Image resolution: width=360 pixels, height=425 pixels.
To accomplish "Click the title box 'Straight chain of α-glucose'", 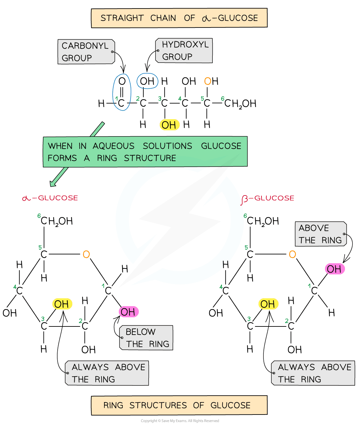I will (x=179, y=18).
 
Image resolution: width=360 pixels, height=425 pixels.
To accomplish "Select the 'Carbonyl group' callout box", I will (x=86, y=52).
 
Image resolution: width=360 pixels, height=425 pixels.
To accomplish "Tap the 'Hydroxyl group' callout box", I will (x=184, y=51).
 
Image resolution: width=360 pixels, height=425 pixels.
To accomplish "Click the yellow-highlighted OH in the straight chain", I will (x=169, y=125).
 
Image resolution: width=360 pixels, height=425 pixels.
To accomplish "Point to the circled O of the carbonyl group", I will (x=122, y=81).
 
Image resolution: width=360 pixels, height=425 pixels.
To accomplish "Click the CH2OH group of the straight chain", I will (x=240, y=103).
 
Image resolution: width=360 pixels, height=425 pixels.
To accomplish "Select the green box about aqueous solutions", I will (x=145, y=152).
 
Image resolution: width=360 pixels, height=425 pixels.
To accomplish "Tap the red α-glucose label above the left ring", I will (x=50, y=198).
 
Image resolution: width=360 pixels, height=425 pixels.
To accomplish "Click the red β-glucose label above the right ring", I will (x=267, y=198).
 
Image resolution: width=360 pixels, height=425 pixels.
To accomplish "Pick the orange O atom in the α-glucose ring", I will (x=86, y=254).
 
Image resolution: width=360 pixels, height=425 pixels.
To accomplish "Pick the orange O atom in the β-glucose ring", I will (x=292, y=254).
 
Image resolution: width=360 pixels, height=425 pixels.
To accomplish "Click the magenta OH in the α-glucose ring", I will (x=128, y=312).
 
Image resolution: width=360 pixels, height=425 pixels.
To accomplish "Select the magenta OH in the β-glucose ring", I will (x=334, y=269).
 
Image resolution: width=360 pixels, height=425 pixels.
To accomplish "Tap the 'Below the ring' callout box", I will (x=146, y=338).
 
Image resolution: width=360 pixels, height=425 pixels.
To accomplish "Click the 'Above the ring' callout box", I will (x=320, y=234).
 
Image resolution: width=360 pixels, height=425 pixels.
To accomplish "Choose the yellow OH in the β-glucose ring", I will (x=268, y=304).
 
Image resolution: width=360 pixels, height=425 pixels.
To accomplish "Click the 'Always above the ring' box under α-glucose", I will (x=107, y=373).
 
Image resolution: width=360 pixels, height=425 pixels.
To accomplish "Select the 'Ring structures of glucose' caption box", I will (x=179, y=405).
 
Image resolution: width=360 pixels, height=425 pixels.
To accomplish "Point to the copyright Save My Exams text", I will (x=180, y=421).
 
